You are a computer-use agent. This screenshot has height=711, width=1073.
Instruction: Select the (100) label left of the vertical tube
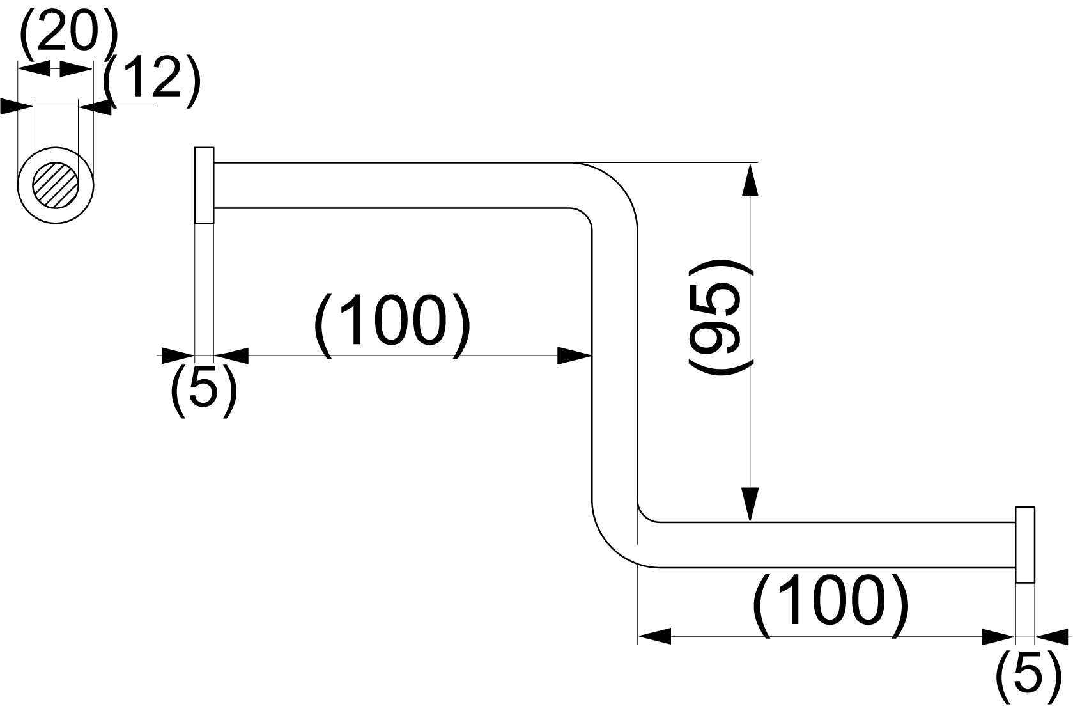click(x=392, y=325)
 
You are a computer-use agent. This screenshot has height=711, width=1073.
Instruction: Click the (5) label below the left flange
click(x=204, y=391)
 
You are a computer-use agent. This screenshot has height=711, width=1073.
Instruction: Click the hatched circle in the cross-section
click(x=56, y=185)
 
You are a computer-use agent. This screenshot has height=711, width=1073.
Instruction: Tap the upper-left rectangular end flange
click(x=204, y=185)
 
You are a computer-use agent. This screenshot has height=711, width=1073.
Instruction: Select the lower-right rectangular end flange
click(x=1025, y=545)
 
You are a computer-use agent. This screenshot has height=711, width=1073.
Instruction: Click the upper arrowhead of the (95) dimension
click(x=750, y=180)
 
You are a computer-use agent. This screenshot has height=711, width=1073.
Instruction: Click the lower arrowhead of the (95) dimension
click(x=750, y=504)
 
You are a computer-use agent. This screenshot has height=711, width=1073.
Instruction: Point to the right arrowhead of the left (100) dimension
click(x=574, y=356)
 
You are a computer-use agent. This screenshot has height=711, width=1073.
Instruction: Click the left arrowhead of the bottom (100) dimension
click(x=654, y=637)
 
